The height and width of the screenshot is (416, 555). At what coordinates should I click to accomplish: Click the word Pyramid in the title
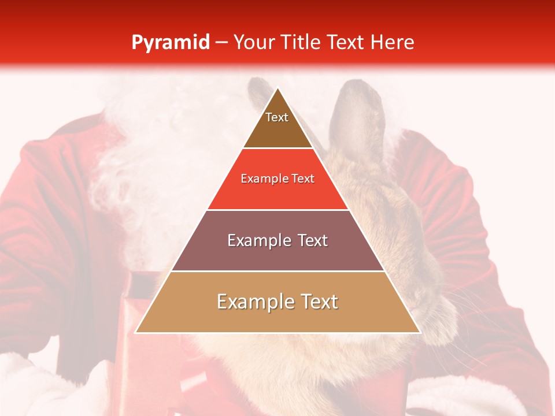pyautogui.click(x=171, y=42)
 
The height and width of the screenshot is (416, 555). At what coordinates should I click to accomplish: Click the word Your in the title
pyautogui.click(x=253, y=42)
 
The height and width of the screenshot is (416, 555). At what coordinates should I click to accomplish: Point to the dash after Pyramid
pyautogui.click(x=221, y=42)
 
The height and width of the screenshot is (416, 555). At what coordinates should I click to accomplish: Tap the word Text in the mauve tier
pyautogui.click(x=311, y=240)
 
